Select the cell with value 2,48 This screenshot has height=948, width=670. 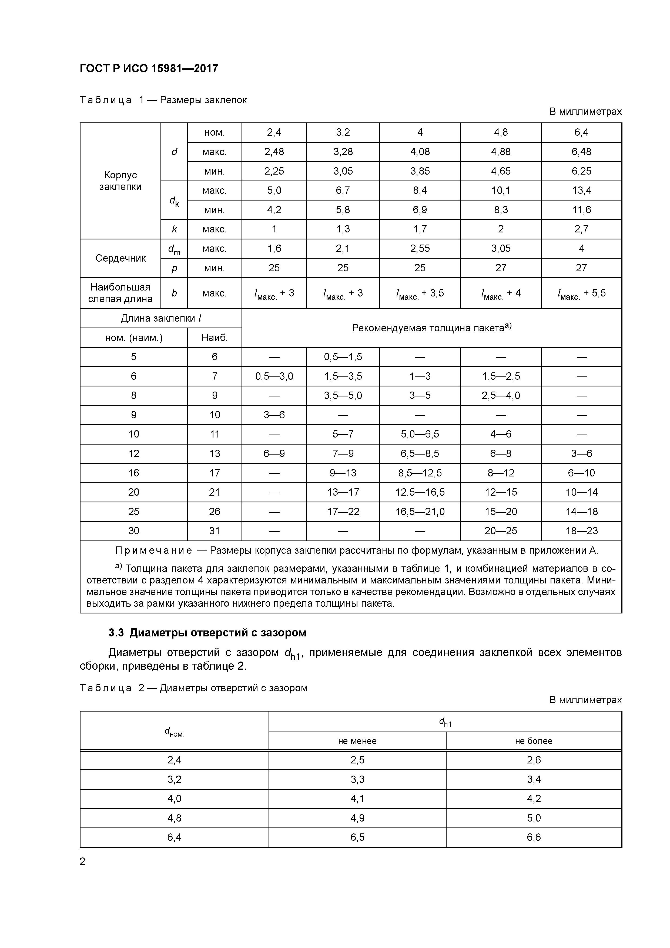click(x=274, y=152)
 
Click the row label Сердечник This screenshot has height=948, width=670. click(x=120, y=258)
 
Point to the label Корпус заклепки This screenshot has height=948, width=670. click(x=120, y=181)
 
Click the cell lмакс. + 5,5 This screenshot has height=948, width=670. click(x=581, y=293)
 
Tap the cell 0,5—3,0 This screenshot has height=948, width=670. click(x=274, y=376)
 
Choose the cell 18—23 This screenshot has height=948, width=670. click(x=581, y=531)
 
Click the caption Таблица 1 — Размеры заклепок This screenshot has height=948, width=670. click(x=163, y=100)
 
